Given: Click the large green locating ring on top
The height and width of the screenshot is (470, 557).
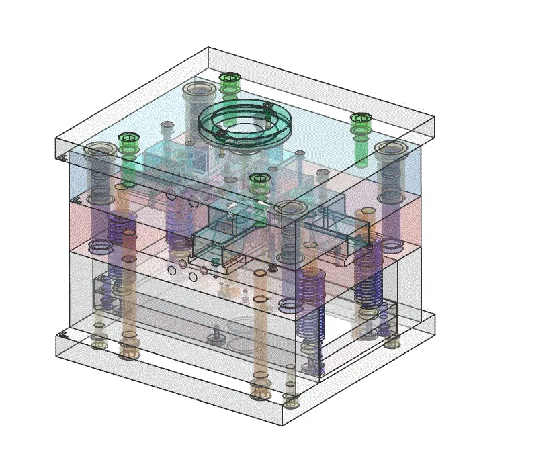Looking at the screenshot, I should point(245,123).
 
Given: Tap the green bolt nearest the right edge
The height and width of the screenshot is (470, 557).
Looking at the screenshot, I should point(361,120).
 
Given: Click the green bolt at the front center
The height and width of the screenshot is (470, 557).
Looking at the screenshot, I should point(259,179).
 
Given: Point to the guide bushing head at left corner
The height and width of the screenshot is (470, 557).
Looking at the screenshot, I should point(99,148).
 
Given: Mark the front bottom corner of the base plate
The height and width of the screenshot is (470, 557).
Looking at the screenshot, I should point(282,425).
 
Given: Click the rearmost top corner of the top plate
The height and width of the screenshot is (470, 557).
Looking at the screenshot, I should point(208,48).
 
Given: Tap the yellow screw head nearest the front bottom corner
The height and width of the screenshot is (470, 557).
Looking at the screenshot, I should point(291,403).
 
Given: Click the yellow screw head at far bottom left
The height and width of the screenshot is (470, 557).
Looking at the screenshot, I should point(99,344).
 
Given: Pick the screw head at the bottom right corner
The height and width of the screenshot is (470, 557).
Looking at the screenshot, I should point(392,343).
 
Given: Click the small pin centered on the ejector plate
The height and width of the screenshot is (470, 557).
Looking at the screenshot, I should point(216,332).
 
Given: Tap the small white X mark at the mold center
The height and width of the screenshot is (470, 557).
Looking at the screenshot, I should point(230,214).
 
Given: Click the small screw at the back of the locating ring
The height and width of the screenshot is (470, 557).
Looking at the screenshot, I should point(267,105).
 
